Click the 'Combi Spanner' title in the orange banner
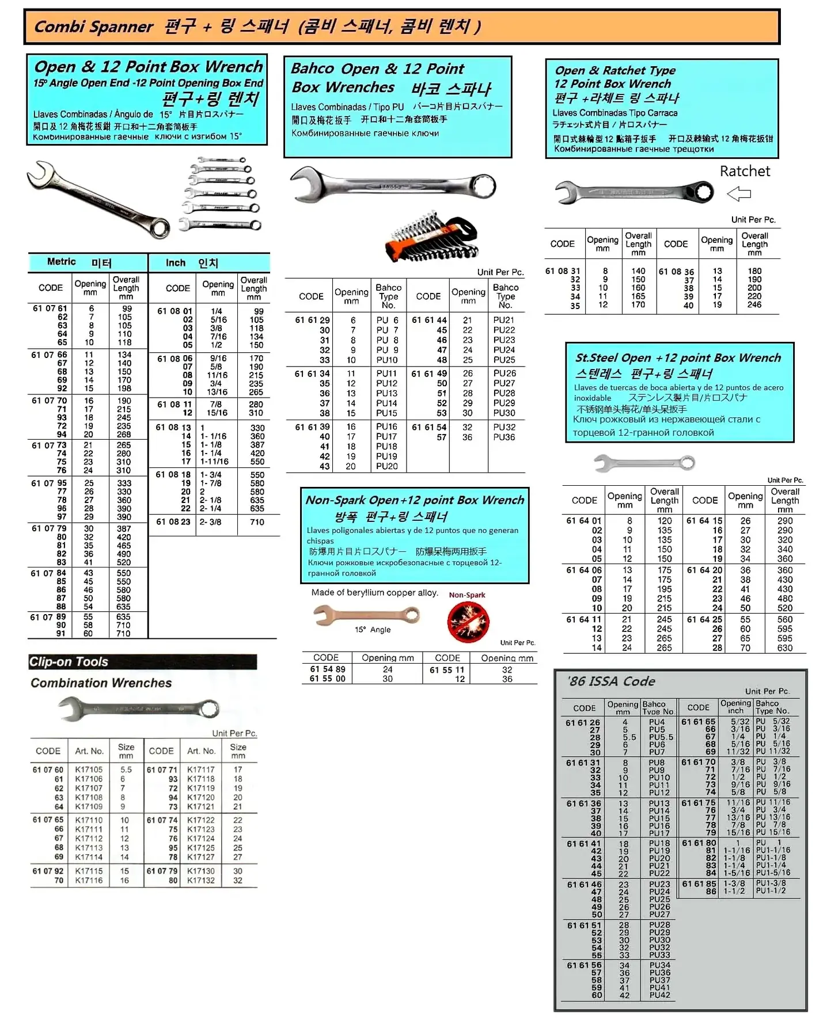click(94, 27)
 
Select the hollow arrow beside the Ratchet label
click(739, 194)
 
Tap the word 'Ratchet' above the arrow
click(745, 171)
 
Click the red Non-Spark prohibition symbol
click(468, 622)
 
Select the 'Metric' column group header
click(62, 262)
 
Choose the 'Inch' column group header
click(176, 263)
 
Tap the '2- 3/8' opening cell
click(210, 522)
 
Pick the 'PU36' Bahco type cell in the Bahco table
click(504, 437)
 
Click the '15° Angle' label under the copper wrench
click(373, 630)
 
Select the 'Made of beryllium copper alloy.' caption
click(374, 593)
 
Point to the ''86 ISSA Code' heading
click(611, 681)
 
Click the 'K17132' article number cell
click(200, 881)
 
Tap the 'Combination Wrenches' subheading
click(101, 683)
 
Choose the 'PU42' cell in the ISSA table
click(659, 995)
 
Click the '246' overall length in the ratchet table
click(754, 305)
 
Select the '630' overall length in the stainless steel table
click(785, 648)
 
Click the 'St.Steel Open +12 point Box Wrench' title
click(678, 358)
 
